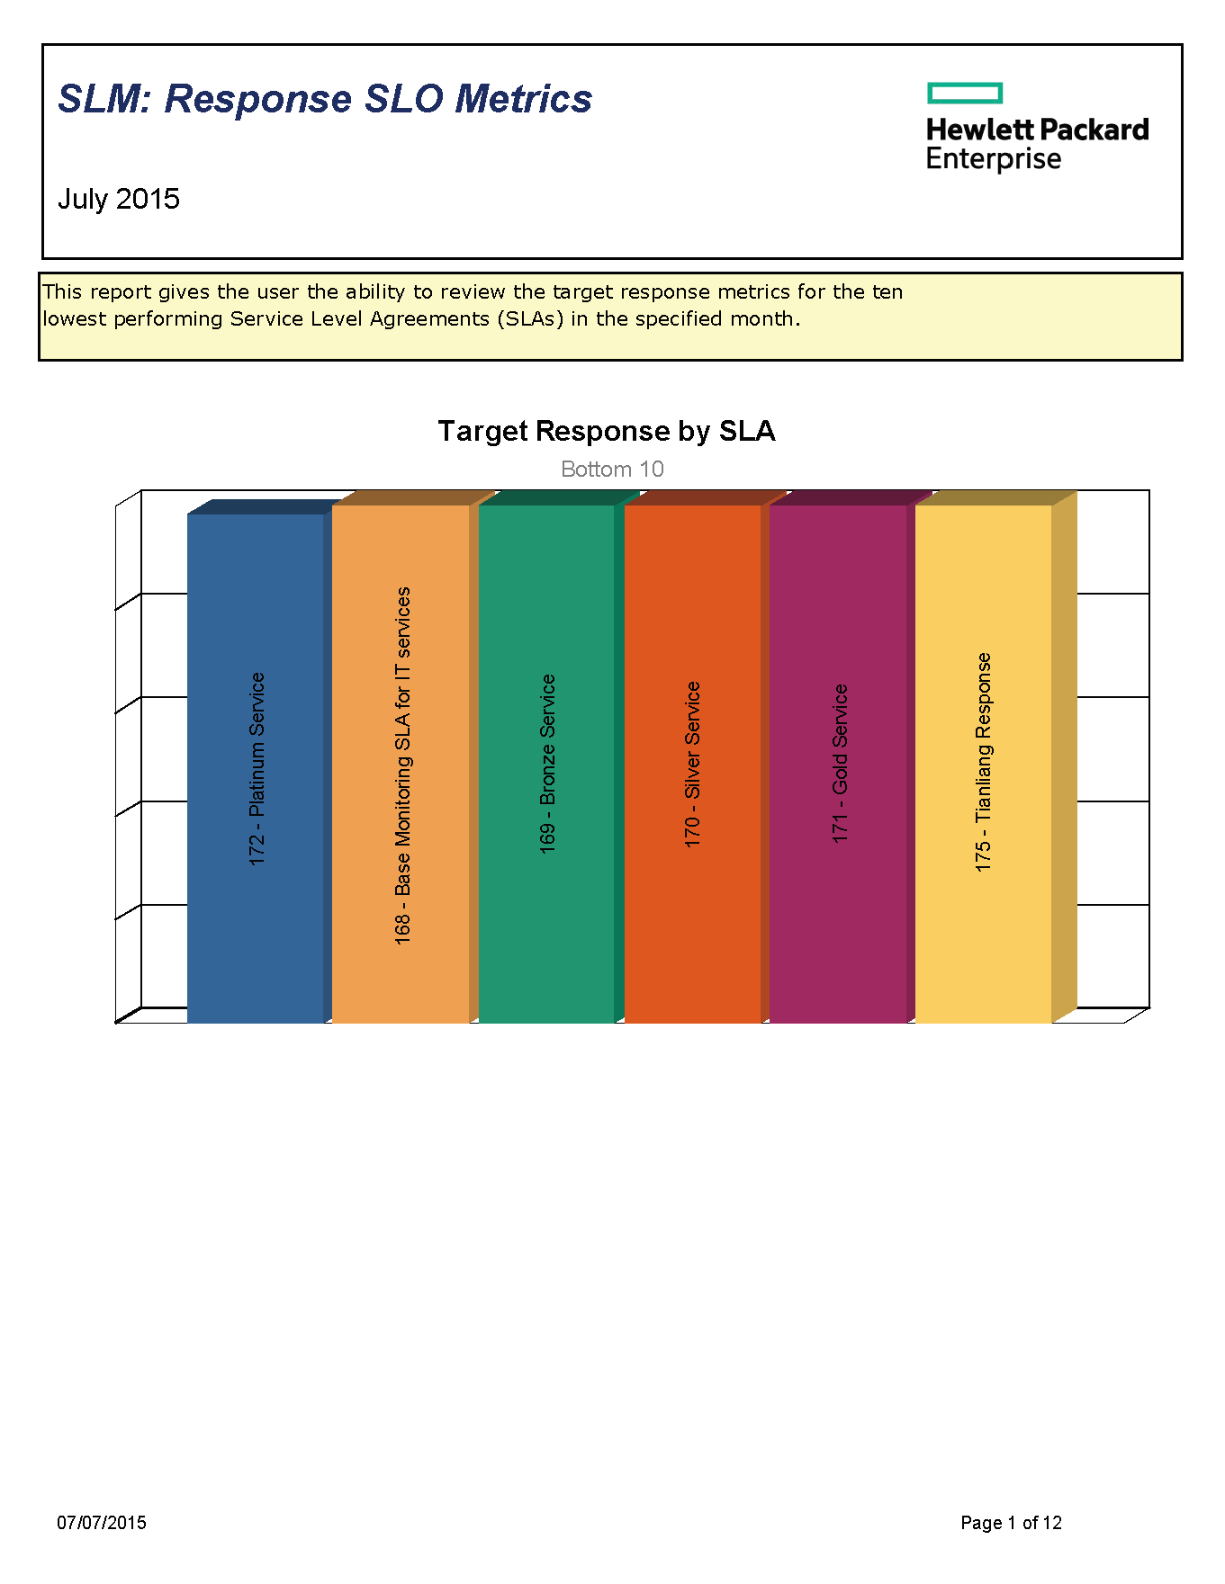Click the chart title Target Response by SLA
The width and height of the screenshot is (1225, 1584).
click(607, 432)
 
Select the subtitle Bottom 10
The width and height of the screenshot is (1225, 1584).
click(612, 470)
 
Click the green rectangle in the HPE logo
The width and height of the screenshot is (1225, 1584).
click(965, 93)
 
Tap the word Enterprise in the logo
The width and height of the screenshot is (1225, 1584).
click(994, 160)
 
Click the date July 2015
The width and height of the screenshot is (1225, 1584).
click(119, 199)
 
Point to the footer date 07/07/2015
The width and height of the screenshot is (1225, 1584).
click(102, 1523)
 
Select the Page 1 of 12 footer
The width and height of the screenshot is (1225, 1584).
click(1011, 1523)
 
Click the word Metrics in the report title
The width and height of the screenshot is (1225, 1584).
click(523, 99)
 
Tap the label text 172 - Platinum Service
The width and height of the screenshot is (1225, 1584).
click(257, 769)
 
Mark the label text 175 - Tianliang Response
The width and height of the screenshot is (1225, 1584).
click(984, 762)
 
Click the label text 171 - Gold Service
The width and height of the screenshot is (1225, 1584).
click(840, 764)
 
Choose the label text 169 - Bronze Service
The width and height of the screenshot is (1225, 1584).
click(547, 764)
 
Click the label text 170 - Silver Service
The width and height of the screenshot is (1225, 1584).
click(692, 764)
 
